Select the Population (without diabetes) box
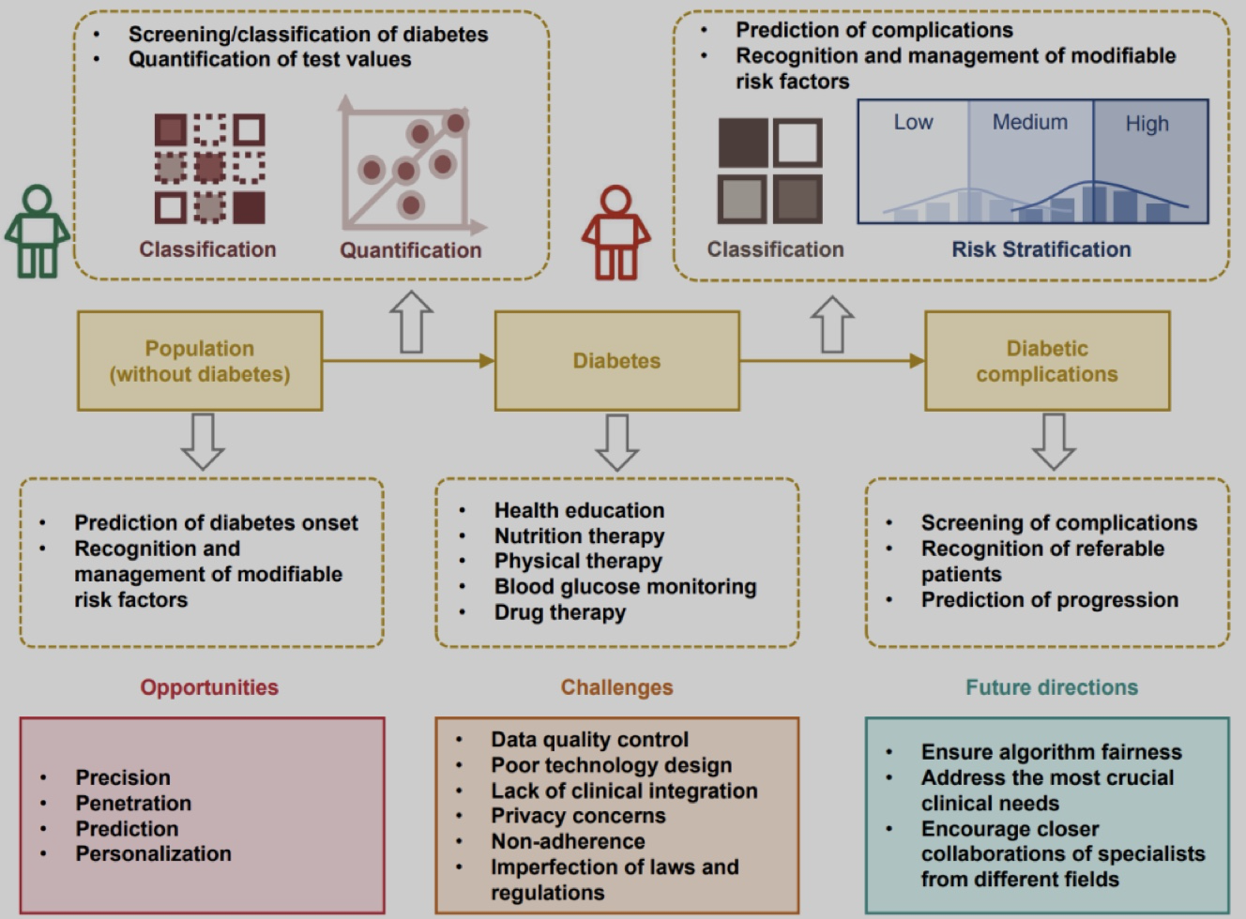point(200,361)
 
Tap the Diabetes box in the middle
point(616,361)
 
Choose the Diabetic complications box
point(1047,361)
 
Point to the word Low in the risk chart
point(914,123)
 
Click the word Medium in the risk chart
point(1030,123)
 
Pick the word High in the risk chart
point(1147,124)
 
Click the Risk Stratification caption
point(1041,249)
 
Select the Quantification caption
point(411,250)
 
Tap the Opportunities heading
point(209,687)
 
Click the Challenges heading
point(616,687)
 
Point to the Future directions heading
point(1052,687)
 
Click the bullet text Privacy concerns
point(578,816)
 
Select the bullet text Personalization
point(153,854)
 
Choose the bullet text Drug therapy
point(559,612)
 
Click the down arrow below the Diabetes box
point(616,442)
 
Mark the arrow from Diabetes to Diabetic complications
point(832,361)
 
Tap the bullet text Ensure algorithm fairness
point(1052,751)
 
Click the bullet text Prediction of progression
point(1050,600)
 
